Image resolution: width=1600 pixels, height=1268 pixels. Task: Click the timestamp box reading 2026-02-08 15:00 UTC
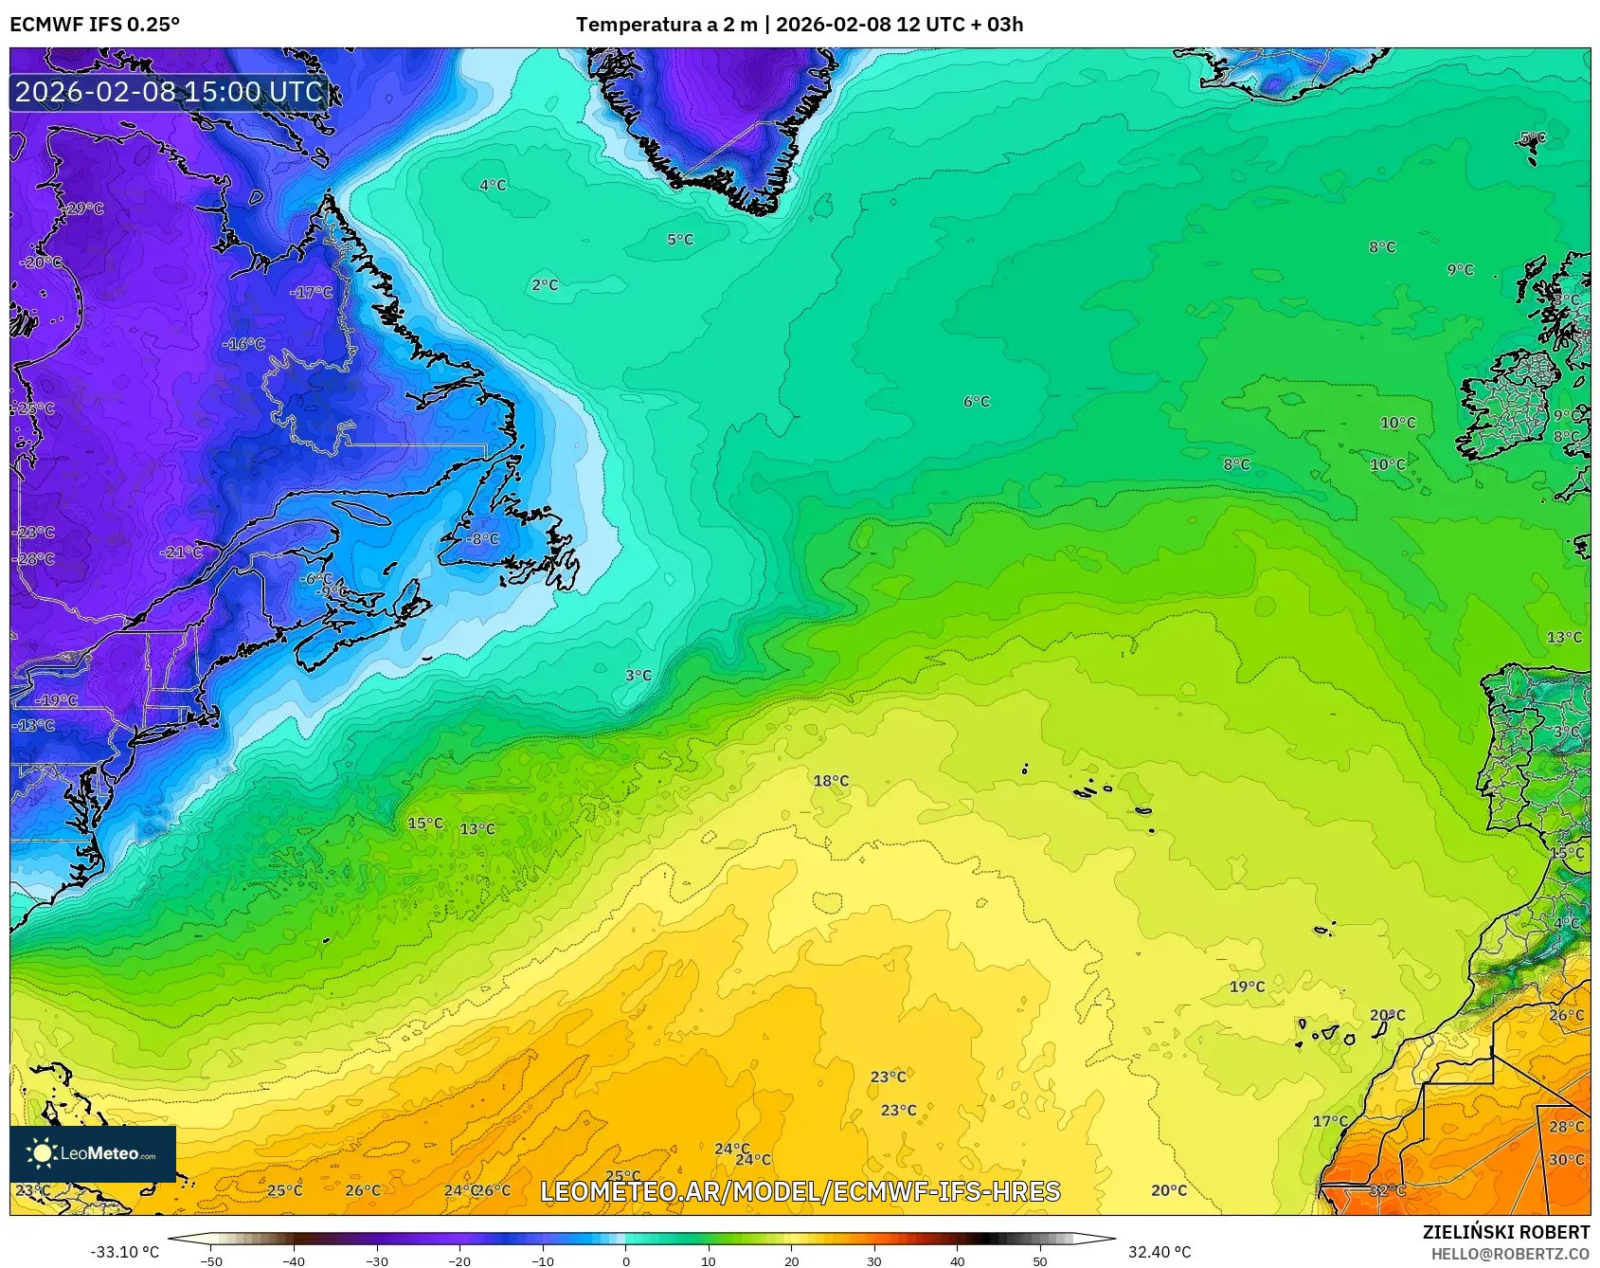(x=170, y=92)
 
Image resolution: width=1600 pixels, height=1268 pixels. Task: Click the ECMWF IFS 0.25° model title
(x=95, y=24)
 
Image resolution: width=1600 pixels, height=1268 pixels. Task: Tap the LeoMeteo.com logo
(x=93, y=1153)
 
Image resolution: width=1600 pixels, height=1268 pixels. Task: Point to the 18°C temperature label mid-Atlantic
(x=831, y=781)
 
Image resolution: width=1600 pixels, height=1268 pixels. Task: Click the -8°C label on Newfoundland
(x=481, y=538)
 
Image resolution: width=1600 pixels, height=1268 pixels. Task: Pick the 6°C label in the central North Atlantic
(x=976, y=402)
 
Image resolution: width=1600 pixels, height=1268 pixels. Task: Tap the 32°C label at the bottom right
(x=1387, y=1190)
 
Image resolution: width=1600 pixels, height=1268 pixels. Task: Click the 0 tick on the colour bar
(x=625, y=1261)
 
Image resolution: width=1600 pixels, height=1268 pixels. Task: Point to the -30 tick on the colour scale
(x=377, y=1261)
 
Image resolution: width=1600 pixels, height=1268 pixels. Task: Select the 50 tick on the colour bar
(x=1040, y=1261)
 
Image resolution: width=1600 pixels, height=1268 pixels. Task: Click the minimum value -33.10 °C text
(x=124, y=1252)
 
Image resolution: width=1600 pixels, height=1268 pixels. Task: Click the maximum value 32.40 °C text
(x=1160, y=1252)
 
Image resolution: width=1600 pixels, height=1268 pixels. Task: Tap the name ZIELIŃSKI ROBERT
(x=1506, y=1232)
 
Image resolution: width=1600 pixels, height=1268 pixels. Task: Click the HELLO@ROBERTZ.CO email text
(x=1510, y=1254)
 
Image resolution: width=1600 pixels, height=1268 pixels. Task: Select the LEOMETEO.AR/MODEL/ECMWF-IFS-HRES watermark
(x=800, y=1191)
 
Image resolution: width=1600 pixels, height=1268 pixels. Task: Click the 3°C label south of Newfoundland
(x=638, y=676)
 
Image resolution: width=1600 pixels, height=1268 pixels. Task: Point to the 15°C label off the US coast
(x=425, y=824)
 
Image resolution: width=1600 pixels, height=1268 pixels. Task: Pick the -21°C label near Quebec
(x=182, y=552)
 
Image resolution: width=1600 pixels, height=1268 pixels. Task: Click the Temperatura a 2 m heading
(x=666, y=24)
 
